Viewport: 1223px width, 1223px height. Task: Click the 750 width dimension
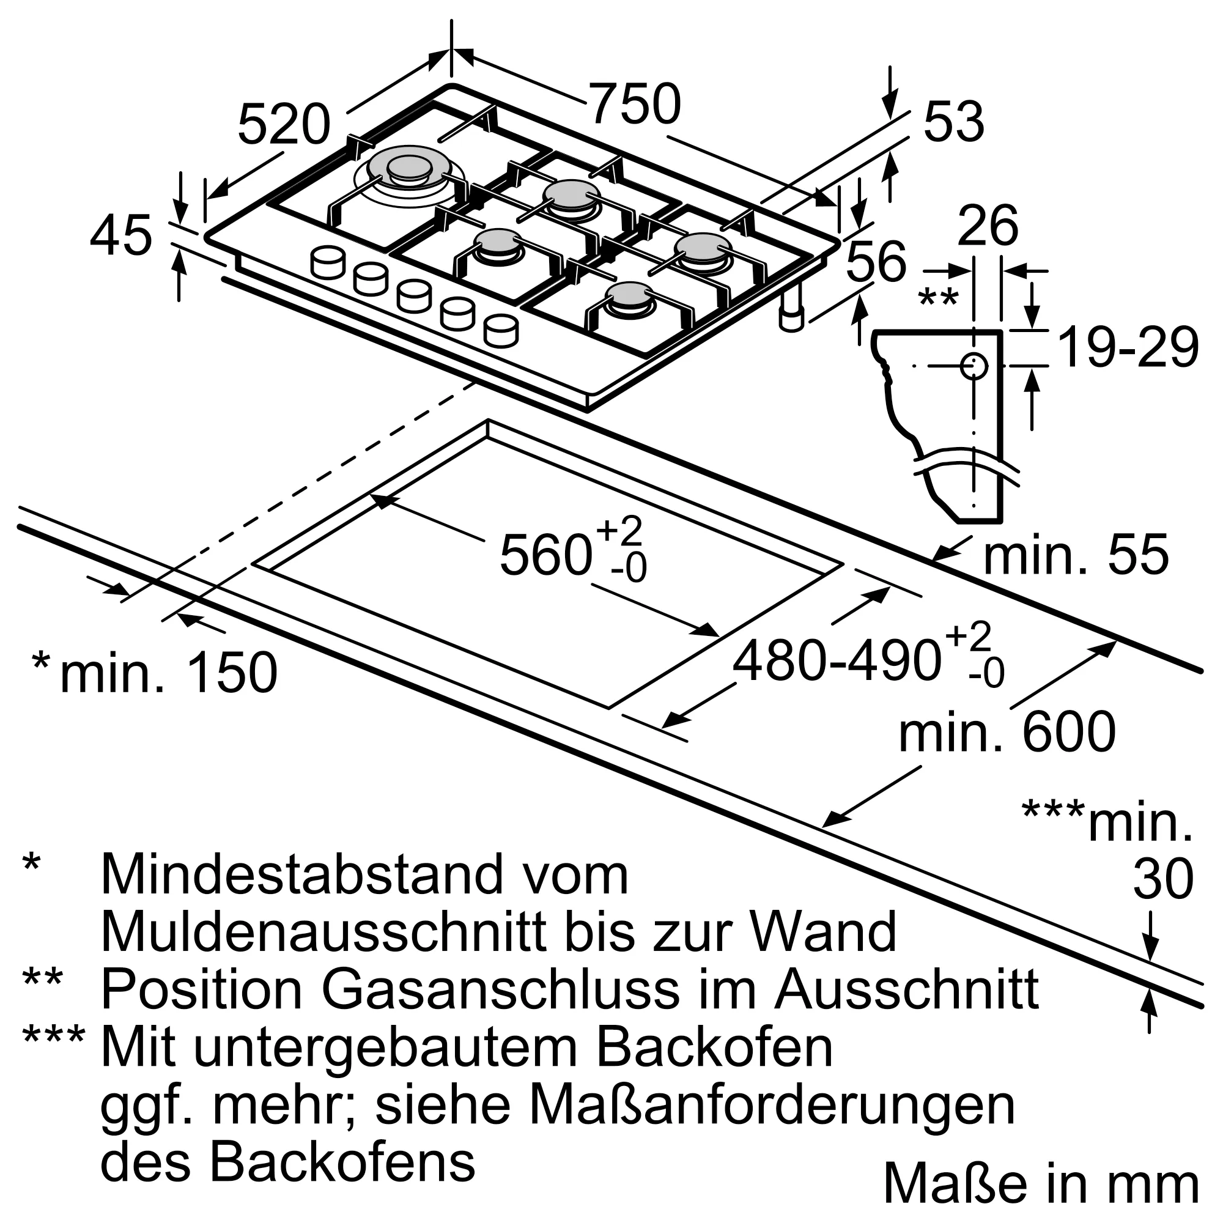[635, 105]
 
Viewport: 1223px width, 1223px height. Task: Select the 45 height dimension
[121, 237]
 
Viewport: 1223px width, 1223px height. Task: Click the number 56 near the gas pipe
[876, 262]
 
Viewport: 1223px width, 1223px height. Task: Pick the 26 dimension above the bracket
[988, 226]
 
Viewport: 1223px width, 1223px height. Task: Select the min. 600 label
[1007, 733]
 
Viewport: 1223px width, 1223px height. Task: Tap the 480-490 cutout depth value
[835, 661]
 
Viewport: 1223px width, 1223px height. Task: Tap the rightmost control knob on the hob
[501, 330]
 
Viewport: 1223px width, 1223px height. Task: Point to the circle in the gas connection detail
[974, 366]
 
